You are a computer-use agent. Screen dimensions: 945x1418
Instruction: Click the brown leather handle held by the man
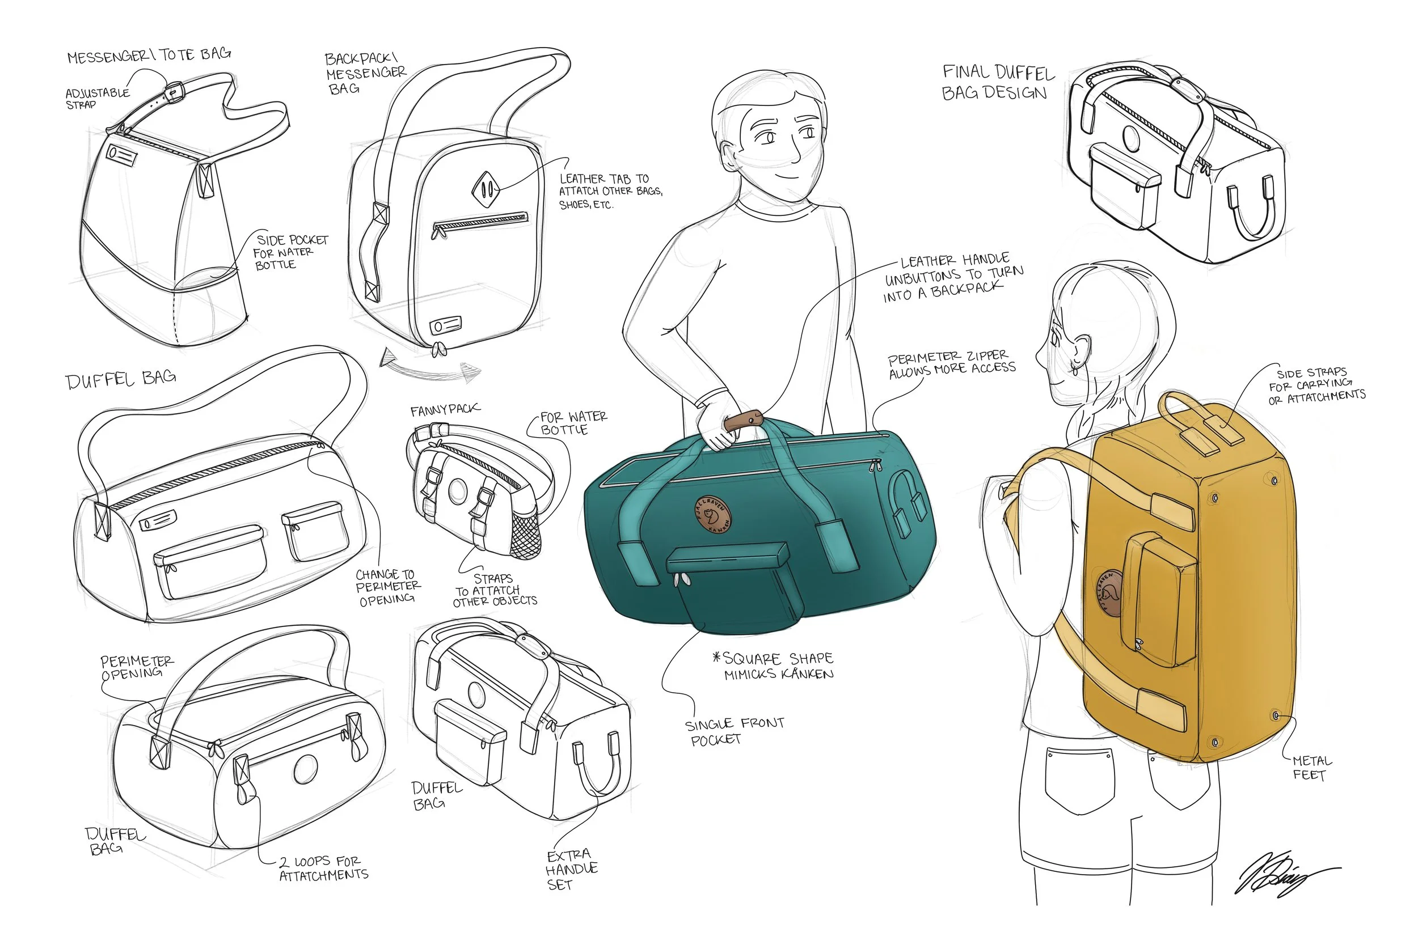tap(743, 421)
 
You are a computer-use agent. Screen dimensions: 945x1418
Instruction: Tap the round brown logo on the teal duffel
tap(713, 514)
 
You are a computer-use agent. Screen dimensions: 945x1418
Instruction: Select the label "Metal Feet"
tap(1311, 768)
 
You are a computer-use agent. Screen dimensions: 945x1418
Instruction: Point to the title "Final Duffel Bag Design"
tap(998, 83)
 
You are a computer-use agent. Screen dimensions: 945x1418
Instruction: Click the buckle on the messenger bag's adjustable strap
tap(174, 92)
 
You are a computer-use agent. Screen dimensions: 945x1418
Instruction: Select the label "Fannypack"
tap(445, 410)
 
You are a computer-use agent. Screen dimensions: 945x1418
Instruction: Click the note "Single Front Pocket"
tap(734, 731)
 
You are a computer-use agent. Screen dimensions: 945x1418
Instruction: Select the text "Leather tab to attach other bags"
tap(610, 191)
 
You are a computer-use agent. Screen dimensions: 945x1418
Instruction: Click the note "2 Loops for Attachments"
tap(324, 868)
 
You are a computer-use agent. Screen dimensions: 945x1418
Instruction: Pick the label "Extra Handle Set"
tap(571, 869)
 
